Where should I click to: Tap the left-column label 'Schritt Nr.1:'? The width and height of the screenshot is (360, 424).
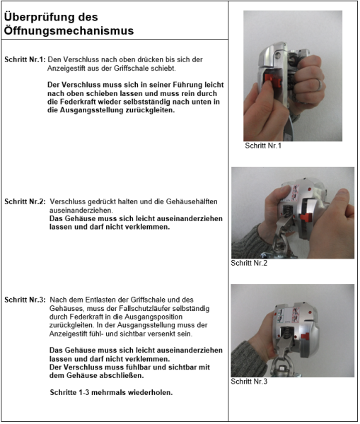(x=25, y=59)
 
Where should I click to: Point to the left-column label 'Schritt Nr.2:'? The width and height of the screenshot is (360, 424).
(x=25, y=201)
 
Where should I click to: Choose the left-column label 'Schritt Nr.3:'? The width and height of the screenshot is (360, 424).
(x=25, y=300)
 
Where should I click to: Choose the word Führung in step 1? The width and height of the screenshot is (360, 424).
(x=175, y=85)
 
